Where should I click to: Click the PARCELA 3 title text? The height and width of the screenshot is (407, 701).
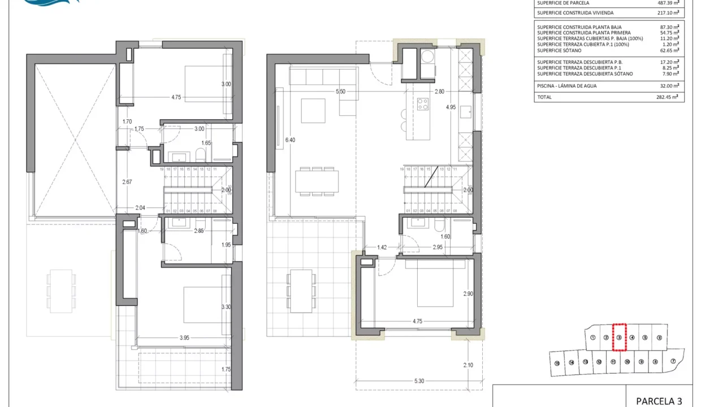click(659, 401)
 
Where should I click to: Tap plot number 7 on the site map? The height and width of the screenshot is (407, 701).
click(673, 362)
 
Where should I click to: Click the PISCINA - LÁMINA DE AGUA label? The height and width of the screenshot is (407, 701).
click(566, 86)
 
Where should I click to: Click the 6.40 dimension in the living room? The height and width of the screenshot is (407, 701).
click(291, 140)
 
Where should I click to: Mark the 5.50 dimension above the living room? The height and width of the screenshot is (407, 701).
click(340, 91)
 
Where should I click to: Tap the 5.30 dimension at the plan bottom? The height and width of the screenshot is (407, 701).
click(418, 381)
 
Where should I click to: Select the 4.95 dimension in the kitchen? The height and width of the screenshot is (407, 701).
click(451, 107)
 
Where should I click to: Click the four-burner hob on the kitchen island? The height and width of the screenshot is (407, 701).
click(422, 104)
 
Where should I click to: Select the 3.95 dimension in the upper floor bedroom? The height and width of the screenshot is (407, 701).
click(184, 338)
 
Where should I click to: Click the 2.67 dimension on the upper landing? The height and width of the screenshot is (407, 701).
click(127, 181)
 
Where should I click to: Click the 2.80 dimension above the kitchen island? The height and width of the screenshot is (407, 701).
click(439, 91)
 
